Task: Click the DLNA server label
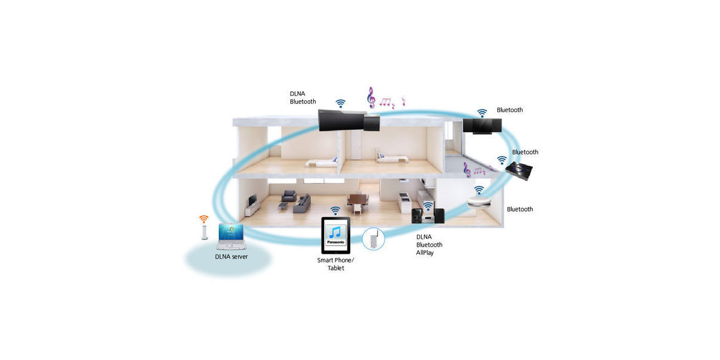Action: point(231,257)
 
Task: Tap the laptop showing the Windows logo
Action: point(232,236)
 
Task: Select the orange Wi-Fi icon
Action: point(203,219)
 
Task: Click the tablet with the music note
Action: point(336,235)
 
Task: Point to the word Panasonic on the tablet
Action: point(335,242)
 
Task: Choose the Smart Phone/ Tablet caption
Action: point(335,264)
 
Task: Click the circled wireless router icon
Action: point(373,239)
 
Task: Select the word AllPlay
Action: point(425,253)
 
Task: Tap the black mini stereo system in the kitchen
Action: point(428,215)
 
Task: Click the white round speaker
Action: point(479,202)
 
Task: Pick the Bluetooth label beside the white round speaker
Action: point(520,209)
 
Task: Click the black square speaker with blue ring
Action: point(519,170)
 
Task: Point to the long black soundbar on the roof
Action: point(349,121)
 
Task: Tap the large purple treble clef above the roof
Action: point(371,97)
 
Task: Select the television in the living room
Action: point(253,200)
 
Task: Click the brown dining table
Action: point(358,200)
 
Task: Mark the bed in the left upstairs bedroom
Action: point(321,163)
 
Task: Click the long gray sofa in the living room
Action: point(302,204)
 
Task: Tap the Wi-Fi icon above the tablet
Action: point(335,211)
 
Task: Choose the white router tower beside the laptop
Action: point(204,232)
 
